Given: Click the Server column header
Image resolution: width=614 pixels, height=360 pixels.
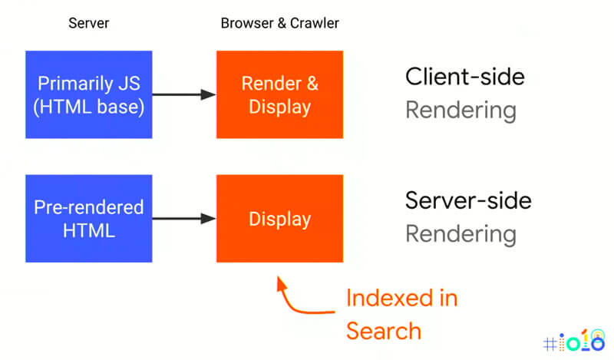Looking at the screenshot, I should [89, 23].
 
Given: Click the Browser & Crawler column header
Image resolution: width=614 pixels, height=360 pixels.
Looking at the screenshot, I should [279, 23].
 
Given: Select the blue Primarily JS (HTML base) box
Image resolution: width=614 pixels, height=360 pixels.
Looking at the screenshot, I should [89, 94].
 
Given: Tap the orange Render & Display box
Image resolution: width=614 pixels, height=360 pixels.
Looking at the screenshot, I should [279, 94].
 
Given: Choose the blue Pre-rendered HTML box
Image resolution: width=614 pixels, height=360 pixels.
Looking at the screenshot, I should [89, 219].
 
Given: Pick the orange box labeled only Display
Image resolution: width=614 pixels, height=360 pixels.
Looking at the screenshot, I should [279, 219].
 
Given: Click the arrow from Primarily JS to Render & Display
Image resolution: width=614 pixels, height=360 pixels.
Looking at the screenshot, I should [184, 94].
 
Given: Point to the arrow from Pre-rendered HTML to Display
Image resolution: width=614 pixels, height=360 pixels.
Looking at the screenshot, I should [184, 219].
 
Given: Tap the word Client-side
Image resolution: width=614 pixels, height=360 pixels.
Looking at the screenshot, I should [465, 77].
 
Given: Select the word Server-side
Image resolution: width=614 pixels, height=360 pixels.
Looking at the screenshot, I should [468, 201].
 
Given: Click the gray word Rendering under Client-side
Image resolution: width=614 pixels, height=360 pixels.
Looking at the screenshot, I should [460, 111].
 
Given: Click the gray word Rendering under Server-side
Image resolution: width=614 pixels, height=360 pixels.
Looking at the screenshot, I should [460, 234].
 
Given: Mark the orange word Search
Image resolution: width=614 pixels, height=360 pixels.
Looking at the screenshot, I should [383, 331].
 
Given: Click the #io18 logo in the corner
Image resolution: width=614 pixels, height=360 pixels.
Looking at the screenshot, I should [573, 340].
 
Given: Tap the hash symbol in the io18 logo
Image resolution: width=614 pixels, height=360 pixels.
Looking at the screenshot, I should [550, 342].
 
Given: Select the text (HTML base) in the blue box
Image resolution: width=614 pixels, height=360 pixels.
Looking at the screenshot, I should [89, 107].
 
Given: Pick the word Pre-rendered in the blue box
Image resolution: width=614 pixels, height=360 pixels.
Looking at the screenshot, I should [89, 207].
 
